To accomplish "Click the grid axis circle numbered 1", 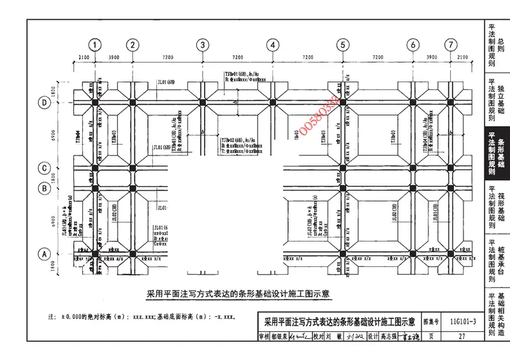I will click(95, 45).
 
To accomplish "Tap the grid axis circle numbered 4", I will click(273, 45).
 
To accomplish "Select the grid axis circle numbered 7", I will click(451, 45).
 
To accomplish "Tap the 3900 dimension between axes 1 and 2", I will click(113, 57).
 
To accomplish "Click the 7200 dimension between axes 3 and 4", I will click(237, 57).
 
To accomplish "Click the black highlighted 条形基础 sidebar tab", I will click(496, 154).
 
